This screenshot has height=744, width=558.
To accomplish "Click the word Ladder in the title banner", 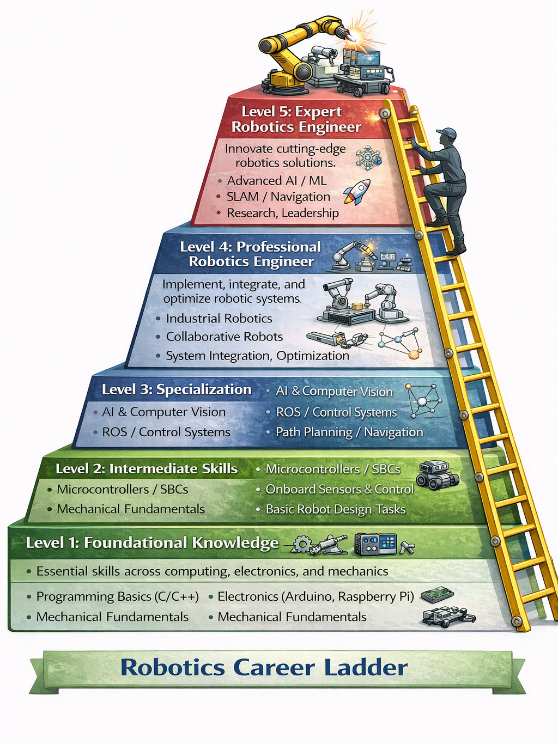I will click(x=366, y=668).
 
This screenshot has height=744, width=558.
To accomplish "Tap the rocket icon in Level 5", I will click(x=357, y=192).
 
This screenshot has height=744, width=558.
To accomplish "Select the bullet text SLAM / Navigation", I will click(x=278, y=197).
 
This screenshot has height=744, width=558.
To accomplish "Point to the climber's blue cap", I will click(x=446, y=133).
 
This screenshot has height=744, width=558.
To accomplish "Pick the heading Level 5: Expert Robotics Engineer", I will click(x=296, y=119).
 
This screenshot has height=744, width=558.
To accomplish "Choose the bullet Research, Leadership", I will click(x=282, y=213).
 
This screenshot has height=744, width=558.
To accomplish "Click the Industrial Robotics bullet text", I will click(x=219, y=319).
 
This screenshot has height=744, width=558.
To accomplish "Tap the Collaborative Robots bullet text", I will click(x=224, y=337).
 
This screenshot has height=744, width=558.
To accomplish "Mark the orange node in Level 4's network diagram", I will click(x=414, y=355).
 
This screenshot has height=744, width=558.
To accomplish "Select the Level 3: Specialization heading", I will click(x=177, y=389).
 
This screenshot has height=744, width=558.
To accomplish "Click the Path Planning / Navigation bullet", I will click(x=349, y=432).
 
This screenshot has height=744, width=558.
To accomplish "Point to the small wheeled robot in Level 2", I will click(x=437, y=474).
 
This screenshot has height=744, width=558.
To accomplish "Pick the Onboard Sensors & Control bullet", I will click(x=339, y=490).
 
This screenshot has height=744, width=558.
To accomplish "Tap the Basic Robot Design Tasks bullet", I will click(x=335, y=509).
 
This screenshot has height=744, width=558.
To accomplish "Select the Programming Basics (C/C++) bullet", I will click(x=117, y=596).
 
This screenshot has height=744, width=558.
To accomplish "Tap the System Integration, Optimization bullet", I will click(x=257, y=356).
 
